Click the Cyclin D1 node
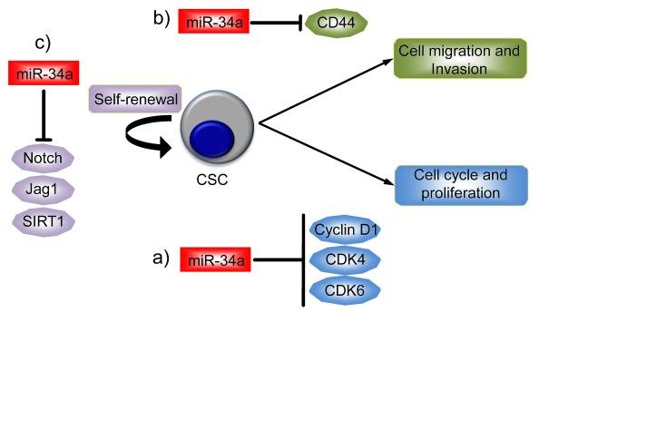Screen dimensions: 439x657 (345, 229)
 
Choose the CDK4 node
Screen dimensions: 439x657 (345, 260)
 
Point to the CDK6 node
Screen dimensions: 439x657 (345, 291)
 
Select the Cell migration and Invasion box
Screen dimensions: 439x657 (459, 58)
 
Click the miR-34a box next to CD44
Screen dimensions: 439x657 (212, 23)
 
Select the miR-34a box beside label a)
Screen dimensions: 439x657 (214, 261)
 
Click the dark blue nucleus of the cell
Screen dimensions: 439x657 (215, 141)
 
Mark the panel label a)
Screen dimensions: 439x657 (161, 258)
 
